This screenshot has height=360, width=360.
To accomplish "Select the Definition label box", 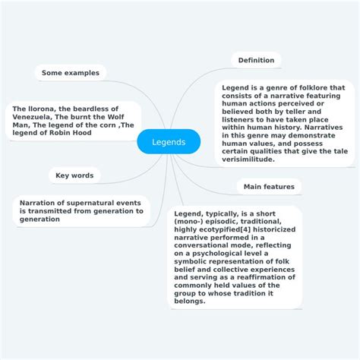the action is [x=256, y=60].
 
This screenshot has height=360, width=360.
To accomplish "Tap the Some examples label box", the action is [x=71, y=72].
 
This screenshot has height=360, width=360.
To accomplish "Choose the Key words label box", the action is [x=74, y=175].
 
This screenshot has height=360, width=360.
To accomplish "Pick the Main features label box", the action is [x=269, y=186].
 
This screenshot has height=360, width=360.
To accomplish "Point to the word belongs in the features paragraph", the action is [x=190, y=300].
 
